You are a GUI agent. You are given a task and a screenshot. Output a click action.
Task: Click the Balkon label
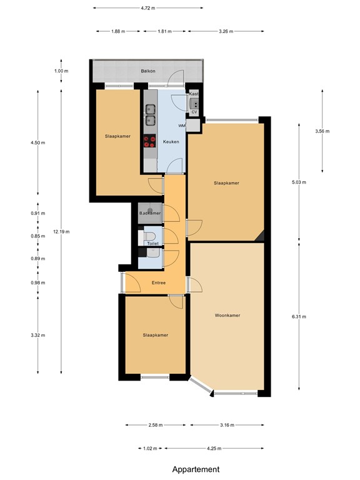(130, 71)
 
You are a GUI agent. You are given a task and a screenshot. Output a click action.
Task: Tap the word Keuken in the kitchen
(171, 142)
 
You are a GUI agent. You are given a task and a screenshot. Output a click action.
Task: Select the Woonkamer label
(227, 315)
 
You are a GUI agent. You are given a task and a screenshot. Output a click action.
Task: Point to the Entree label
(159, 283)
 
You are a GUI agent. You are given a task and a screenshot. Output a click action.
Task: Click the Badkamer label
(150, 213)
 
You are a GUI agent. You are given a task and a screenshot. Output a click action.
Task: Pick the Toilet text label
(153, 244)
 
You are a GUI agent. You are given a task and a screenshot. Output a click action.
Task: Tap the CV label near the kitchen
(194, 112)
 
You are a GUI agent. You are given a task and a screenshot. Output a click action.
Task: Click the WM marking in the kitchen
(182, 126)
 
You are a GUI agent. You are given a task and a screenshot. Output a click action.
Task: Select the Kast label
(194, 94)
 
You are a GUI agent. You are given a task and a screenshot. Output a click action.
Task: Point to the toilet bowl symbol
(150, 236)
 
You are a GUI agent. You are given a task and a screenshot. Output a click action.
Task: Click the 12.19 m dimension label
(61, 231)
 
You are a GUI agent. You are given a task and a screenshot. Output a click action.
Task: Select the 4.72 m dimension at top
(148, 8)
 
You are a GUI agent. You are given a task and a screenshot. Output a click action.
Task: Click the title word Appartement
(196, 469)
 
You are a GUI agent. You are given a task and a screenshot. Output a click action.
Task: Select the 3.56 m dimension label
(322, 131)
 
